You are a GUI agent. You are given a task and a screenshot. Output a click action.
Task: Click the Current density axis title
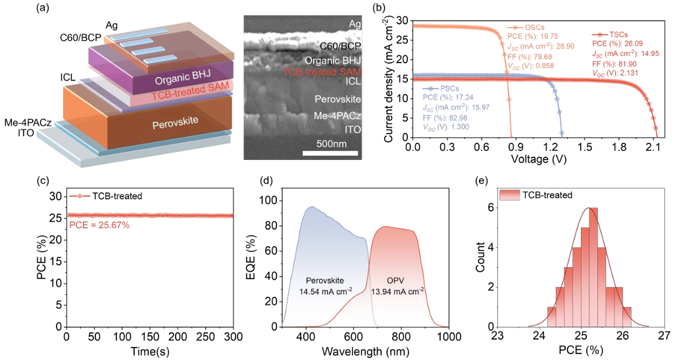point(389,78)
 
